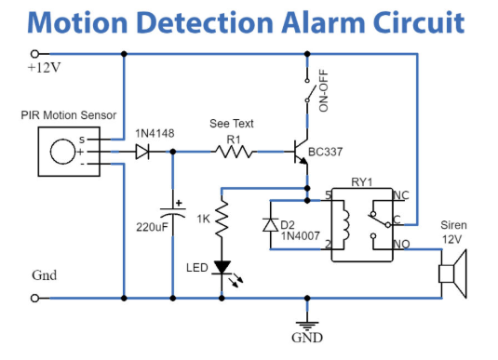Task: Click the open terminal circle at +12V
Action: [35, 55]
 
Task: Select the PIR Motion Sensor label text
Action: [69, 115]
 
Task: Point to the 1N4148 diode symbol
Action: [142, 152]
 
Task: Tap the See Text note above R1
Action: [232, 124]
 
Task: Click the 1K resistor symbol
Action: [222, 221]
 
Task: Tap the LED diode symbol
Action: [222, 267]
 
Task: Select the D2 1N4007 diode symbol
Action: [270, 225]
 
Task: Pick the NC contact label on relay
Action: [402, 196]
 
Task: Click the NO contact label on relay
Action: [402, 244]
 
